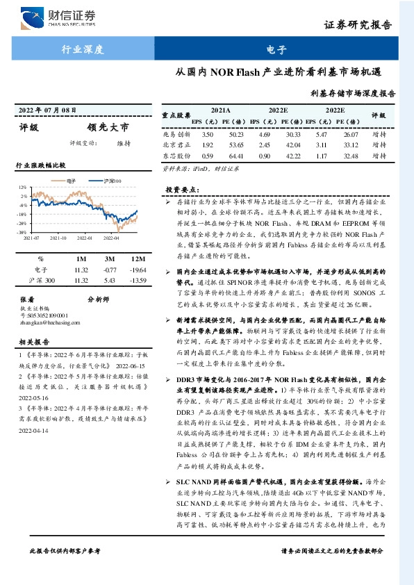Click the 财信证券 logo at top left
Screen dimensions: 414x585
59,17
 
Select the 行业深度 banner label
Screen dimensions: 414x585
82,49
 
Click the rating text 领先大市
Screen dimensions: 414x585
108,127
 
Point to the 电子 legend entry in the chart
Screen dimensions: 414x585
69,180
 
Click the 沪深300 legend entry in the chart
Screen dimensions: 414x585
109,180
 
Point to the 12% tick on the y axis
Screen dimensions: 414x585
22,188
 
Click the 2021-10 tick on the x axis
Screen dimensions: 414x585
58,237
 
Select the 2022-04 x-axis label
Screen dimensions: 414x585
111,237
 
